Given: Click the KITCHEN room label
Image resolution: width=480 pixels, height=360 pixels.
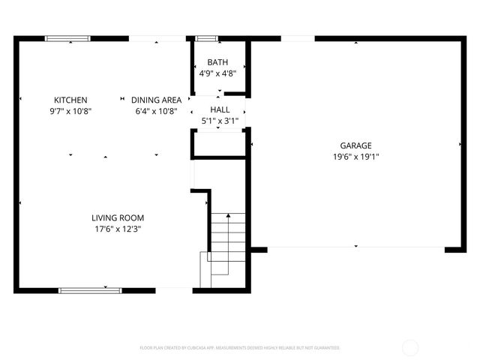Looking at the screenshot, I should (70, 100).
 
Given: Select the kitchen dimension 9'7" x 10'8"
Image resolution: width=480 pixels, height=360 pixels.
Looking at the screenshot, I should (70, 111).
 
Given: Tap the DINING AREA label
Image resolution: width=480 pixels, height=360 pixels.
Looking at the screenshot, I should (156, 100).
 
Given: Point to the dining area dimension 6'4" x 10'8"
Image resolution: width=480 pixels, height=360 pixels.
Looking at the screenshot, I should (156, 111).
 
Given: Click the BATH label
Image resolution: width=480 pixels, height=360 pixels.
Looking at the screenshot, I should (218, 62).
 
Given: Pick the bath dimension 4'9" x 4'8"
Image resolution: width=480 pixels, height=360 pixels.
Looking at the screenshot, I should (218, 73).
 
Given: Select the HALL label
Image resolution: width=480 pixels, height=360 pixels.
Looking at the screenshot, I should (219, 109).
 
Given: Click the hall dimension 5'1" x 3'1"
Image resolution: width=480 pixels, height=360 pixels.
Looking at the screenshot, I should (219, 121).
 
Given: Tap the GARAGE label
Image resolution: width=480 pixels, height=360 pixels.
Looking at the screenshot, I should (355, 146).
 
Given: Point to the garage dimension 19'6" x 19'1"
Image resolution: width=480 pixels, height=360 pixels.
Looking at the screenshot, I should (355, 157).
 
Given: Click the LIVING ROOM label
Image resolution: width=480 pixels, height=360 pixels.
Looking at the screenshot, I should (117, 217).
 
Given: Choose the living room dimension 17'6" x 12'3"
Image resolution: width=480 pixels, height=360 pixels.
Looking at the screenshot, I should (117, 229).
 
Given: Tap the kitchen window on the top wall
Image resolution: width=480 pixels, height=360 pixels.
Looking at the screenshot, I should (67, 38).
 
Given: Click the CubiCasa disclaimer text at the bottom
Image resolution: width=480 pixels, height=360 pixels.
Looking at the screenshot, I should (240, 348).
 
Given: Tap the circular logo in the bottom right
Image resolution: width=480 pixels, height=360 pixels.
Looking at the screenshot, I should (410, 347).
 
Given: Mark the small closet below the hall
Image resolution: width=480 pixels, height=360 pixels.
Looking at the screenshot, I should (219, 144).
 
